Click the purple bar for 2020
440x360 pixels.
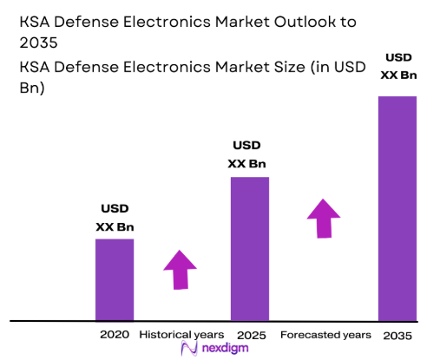(x=115, y=278)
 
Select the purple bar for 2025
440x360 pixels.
(x=249, y=248)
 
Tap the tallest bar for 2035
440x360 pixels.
(x=397, y=207)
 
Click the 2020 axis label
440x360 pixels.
(x=115, y=334)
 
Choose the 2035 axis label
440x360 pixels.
(x=397, y=335)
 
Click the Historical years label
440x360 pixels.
(x=181, y=334)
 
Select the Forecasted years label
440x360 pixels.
(x=325, y=334)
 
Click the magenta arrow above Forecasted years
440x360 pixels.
(x=324, y=217)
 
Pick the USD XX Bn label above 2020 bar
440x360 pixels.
(x=115, y=218)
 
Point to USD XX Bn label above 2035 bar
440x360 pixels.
(x=397, y=67)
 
